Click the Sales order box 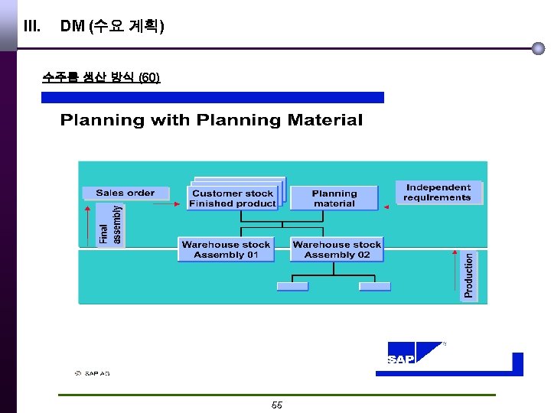click(125, 193)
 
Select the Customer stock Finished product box click(233, 199)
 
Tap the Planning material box click(334, 199)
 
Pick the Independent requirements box click(439, 193)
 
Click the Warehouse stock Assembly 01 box click(226, 250)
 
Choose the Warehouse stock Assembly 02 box click(337, 250)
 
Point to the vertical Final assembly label click(111, 225)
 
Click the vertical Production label click(469, 276)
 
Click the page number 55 click(277, 405)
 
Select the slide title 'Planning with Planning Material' click(211, 120)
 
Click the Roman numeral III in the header click(31, 27)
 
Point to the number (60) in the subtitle click(149, 77)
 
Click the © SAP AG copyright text click(92, 373)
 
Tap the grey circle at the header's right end click(538, 48)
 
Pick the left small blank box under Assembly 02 click(292, 287)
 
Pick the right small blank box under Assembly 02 click(375, 287)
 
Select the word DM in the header click(72, 27)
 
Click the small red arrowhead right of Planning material click(386, 207)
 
